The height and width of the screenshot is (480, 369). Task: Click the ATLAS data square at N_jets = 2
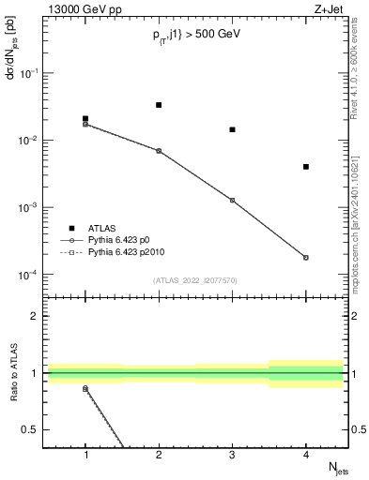pyautogui.click(x=159, y=105)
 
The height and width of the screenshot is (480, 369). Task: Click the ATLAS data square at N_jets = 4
pyautogui.click(x=306, y=167)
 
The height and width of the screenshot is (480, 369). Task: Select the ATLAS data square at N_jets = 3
pyautogui.click(x=232, y=129)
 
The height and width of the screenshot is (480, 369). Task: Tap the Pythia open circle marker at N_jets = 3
pyautogui.click(x=232, y=200)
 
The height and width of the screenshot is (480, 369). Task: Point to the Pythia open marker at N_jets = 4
pyautogui.click(x=306, y=257)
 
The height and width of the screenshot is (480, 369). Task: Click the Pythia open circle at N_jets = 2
pyautogui.click(x=159, y=150)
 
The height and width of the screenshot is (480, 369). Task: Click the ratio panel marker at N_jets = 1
pyautogui.click(x=85, y=388)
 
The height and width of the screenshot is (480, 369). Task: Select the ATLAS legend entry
pyautogui.click(x=99, y=228)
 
